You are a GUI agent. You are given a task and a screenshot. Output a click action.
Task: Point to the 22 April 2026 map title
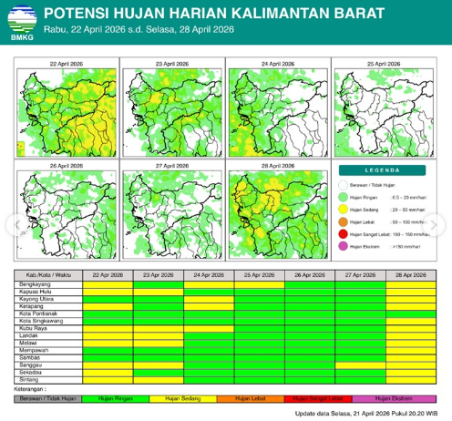click(66, 65)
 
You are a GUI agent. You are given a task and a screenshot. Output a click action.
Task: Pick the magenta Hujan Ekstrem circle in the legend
click(344, 246)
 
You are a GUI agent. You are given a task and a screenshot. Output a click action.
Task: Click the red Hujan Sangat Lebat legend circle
click(344, 234)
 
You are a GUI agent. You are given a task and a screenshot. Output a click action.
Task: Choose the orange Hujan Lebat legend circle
click(344, 221)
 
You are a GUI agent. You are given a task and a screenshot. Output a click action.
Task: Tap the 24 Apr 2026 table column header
click(209, 274)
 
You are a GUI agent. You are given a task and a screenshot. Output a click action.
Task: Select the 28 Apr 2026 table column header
click(410, 274)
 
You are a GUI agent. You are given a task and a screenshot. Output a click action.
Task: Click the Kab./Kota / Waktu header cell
click(48, 274)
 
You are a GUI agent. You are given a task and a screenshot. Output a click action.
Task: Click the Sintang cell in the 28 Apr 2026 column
click(410, 378)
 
